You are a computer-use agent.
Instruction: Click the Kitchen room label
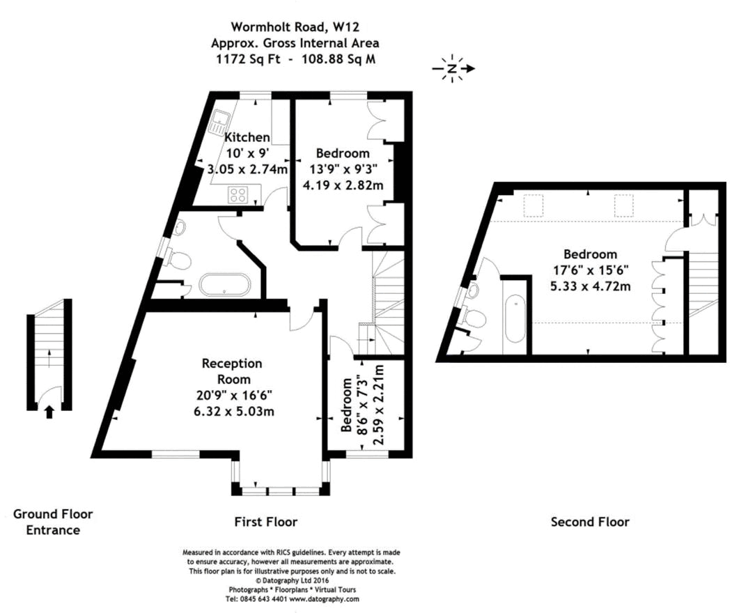click(x=247, y=137)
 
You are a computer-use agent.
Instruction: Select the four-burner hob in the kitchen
click(x=238, y=194)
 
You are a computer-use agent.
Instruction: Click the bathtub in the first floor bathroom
click(x=225, y=284)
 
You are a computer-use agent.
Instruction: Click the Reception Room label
click(x=232, y=371)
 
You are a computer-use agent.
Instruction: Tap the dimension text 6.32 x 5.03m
click(x=234, y=412)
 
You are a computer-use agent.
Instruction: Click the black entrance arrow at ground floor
click(x=49, y=412)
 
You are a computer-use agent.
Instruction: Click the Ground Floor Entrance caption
click(x=53, y=522)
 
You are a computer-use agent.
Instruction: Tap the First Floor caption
click(x=266, y=522)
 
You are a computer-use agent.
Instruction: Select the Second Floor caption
click(x=590, y=522)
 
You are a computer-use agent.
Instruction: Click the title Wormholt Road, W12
click(x=295, y=27)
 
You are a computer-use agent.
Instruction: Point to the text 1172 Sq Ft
click(x=248, y=59)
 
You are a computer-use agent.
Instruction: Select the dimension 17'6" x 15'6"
click(x=590, y=270)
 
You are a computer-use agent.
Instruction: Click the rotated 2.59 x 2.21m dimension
click(x=378, y=405)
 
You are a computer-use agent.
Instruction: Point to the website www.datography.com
click(x=325, y=599)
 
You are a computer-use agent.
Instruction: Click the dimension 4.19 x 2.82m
click(x=343, y=185)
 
